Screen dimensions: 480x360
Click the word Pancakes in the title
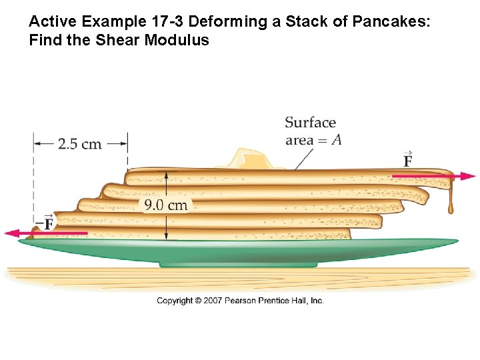(x=397, y=21)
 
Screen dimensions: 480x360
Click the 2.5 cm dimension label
(x=80, y=143)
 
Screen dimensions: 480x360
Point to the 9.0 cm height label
(x=166, y=204)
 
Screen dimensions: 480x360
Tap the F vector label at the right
(x=407, y=160)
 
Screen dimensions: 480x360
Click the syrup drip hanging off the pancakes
(x=451, y=200)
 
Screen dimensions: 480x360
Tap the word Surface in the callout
(x=310, y=123)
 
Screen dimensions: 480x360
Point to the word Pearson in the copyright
(x=242, y=301)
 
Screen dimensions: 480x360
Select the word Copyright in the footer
(x=175, y=301)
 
